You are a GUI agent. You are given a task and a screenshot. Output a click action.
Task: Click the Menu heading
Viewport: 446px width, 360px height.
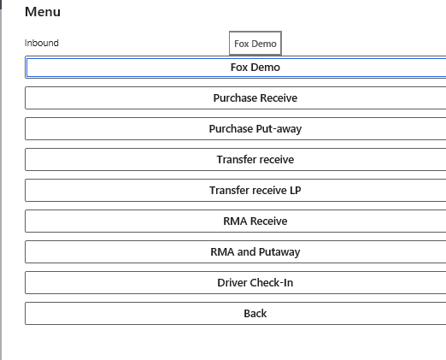[x=43, y=12]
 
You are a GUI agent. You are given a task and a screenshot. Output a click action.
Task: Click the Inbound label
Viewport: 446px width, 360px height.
[x=42, y=43]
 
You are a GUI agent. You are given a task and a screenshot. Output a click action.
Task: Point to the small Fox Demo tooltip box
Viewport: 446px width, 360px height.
[x=255, y=44]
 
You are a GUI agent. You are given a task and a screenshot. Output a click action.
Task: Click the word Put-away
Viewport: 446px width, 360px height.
[x=279, y=129]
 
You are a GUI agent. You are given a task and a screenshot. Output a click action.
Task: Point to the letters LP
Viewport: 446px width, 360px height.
[x=296, y=191]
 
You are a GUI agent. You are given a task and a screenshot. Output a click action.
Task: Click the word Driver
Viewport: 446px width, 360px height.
[x=232, y=283]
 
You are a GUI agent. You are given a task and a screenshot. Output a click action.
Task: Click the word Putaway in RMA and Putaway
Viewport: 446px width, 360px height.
[x=279, y=252]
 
